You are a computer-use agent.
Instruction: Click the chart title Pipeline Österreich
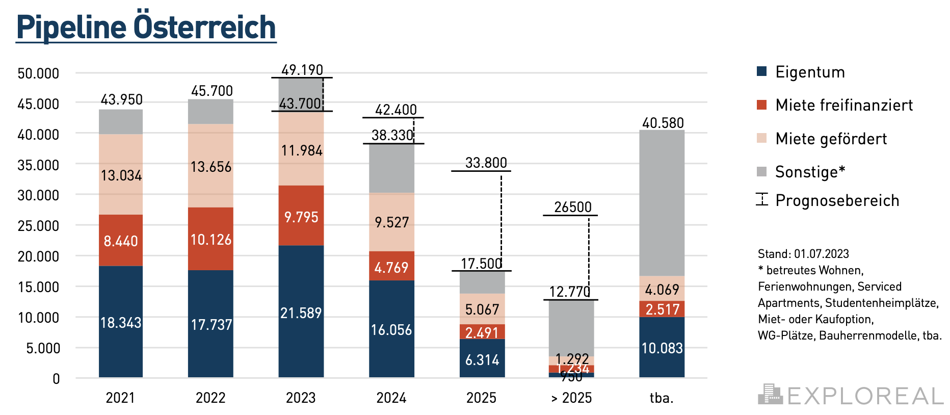pos(146,27)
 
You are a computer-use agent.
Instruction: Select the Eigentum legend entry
pos(809,72)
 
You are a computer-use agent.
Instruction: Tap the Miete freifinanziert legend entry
pos(843,105)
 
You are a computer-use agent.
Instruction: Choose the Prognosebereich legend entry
pos(837,200)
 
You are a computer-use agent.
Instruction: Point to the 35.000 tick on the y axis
pos(38,165)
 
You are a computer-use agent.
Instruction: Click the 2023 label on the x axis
pos(301,398)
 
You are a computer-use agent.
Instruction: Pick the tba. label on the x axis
pos(662,398)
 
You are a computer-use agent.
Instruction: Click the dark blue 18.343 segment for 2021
pos(121,322)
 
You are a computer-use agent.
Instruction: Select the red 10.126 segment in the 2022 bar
pos(210,239)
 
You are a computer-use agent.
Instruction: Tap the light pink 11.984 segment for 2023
pos(301,150)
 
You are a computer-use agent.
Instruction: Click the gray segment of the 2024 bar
pos(391,168)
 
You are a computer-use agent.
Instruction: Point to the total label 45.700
pos(212,91)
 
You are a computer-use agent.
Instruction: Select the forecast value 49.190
pos(302,70)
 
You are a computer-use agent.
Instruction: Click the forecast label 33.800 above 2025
pos(486,163)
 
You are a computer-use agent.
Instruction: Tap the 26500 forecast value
pos(573,207)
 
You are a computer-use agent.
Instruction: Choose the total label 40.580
pos(663,123)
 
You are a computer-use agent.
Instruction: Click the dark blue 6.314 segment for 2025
pos(482,359)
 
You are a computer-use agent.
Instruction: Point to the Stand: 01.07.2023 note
pos(803,254)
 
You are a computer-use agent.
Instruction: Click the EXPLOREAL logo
pos(851,396)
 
